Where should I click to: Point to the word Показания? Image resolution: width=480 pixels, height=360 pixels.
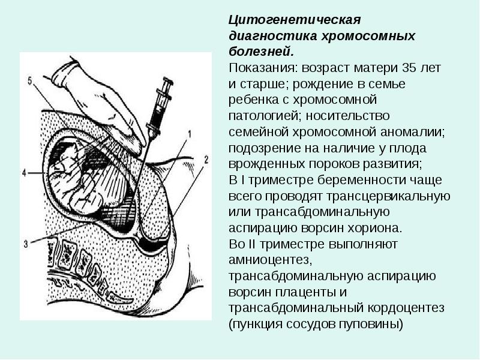[x=262, y=66]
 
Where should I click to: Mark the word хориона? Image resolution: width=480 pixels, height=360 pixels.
[x=377, y=229]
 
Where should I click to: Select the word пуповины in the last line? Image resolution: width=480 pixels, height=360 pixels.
[x=373, y=325]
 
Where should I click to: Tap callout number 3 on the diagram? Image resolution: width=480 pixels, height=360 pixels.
[x=26, y=243]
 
